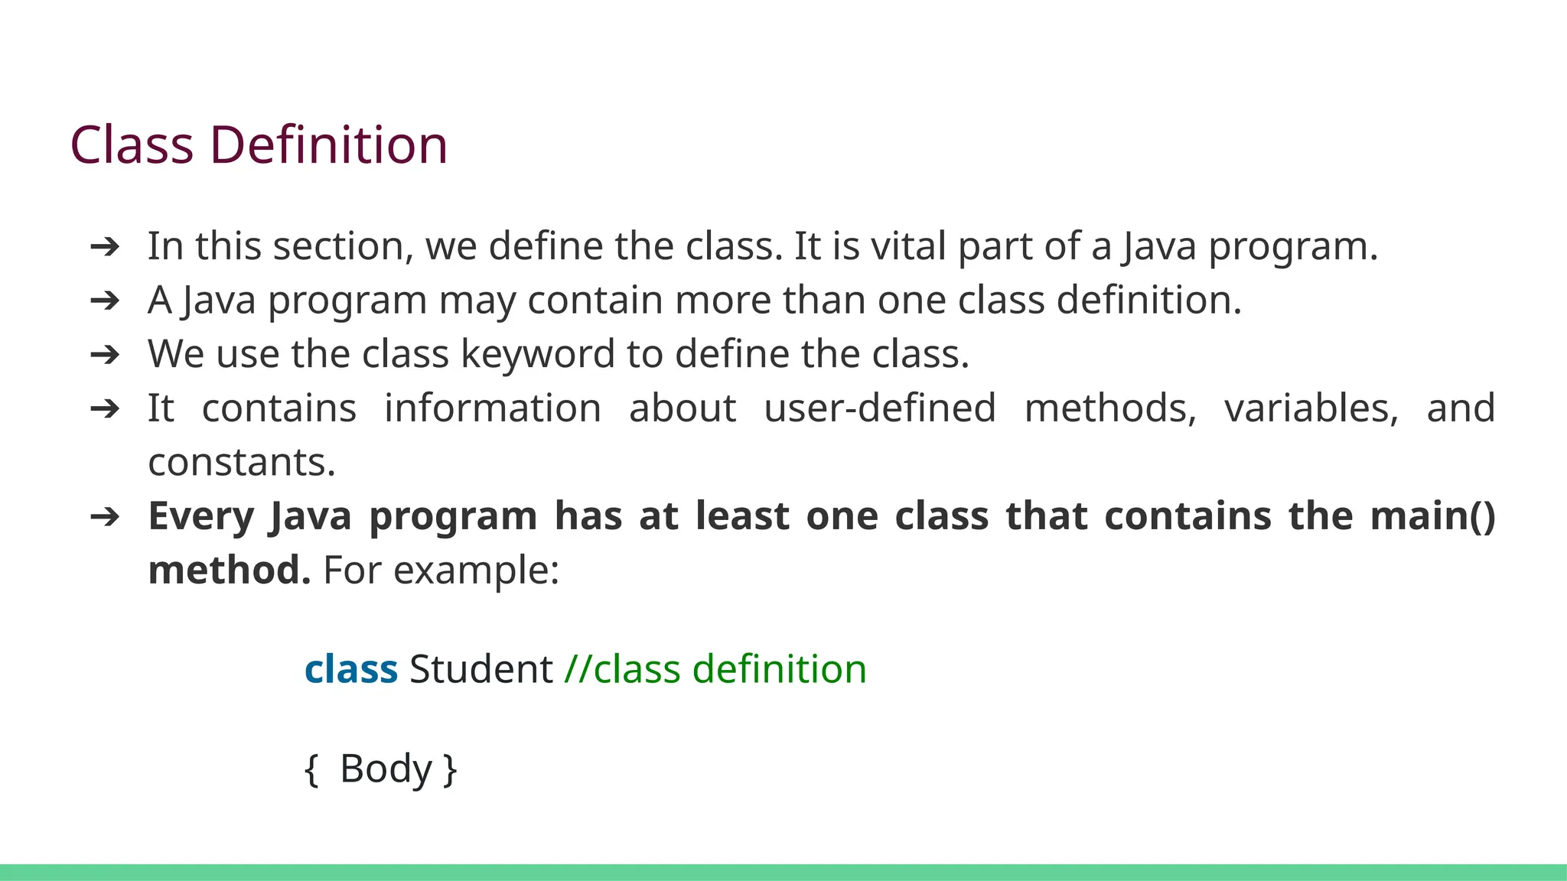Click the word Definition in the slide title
point(328,145)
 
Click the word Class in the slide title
point(132,145)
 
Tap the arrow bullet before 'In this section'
point(105,246)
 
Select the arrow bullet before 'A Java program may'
point(105,301)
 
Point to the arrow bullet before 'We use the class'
point(105,354)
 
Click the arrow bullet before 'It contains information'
point(105,408)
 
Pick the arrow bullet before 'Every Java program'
point(105,517)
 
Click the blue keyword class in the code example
point(351,669)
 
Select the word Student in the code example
point(481,669)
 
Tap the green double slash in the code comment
point(578,669)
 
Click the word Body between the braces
point(386,769)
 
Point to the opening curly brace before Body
point(311,769)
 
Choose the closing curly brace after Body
point(451,769)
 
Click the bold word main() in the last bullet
point(1432,516)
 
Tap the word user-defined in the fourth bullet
point(880,408)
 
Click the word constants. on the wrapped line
point(242,463)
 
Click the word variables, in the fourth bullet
point(1311,408)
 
